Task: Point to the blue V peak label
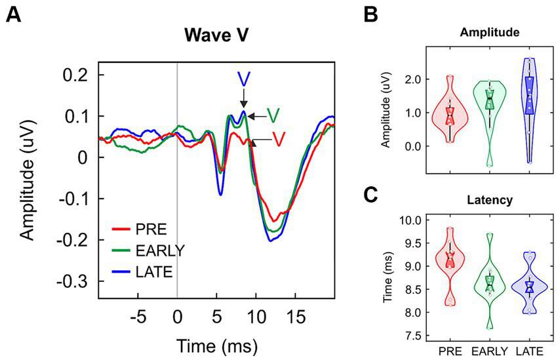[243, 79]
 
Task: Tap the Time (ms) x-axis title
[216, 344]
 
